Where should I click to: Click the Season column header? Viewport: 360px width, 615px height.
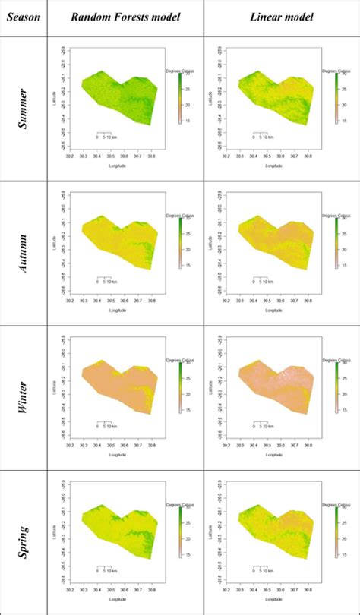click(x=23, y=17)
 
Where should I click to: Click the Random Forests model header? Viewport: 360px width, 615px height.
click(x=125, y=17)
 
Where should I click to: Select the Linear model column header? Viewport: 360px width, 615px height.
click(x=281, y=17)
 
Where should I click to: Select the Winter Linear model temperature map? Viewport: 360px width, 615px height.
click(x=275, y=387)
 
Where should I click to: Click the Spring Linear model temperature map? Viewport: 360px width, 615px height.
click(x=275, y=531)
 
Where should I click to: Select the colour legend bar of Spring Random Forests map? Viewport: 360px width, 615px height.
click(x=179, y=531)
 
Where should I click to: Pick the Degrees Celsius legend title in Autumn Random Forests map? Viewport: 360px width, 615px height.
click(x=176, y=215)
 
